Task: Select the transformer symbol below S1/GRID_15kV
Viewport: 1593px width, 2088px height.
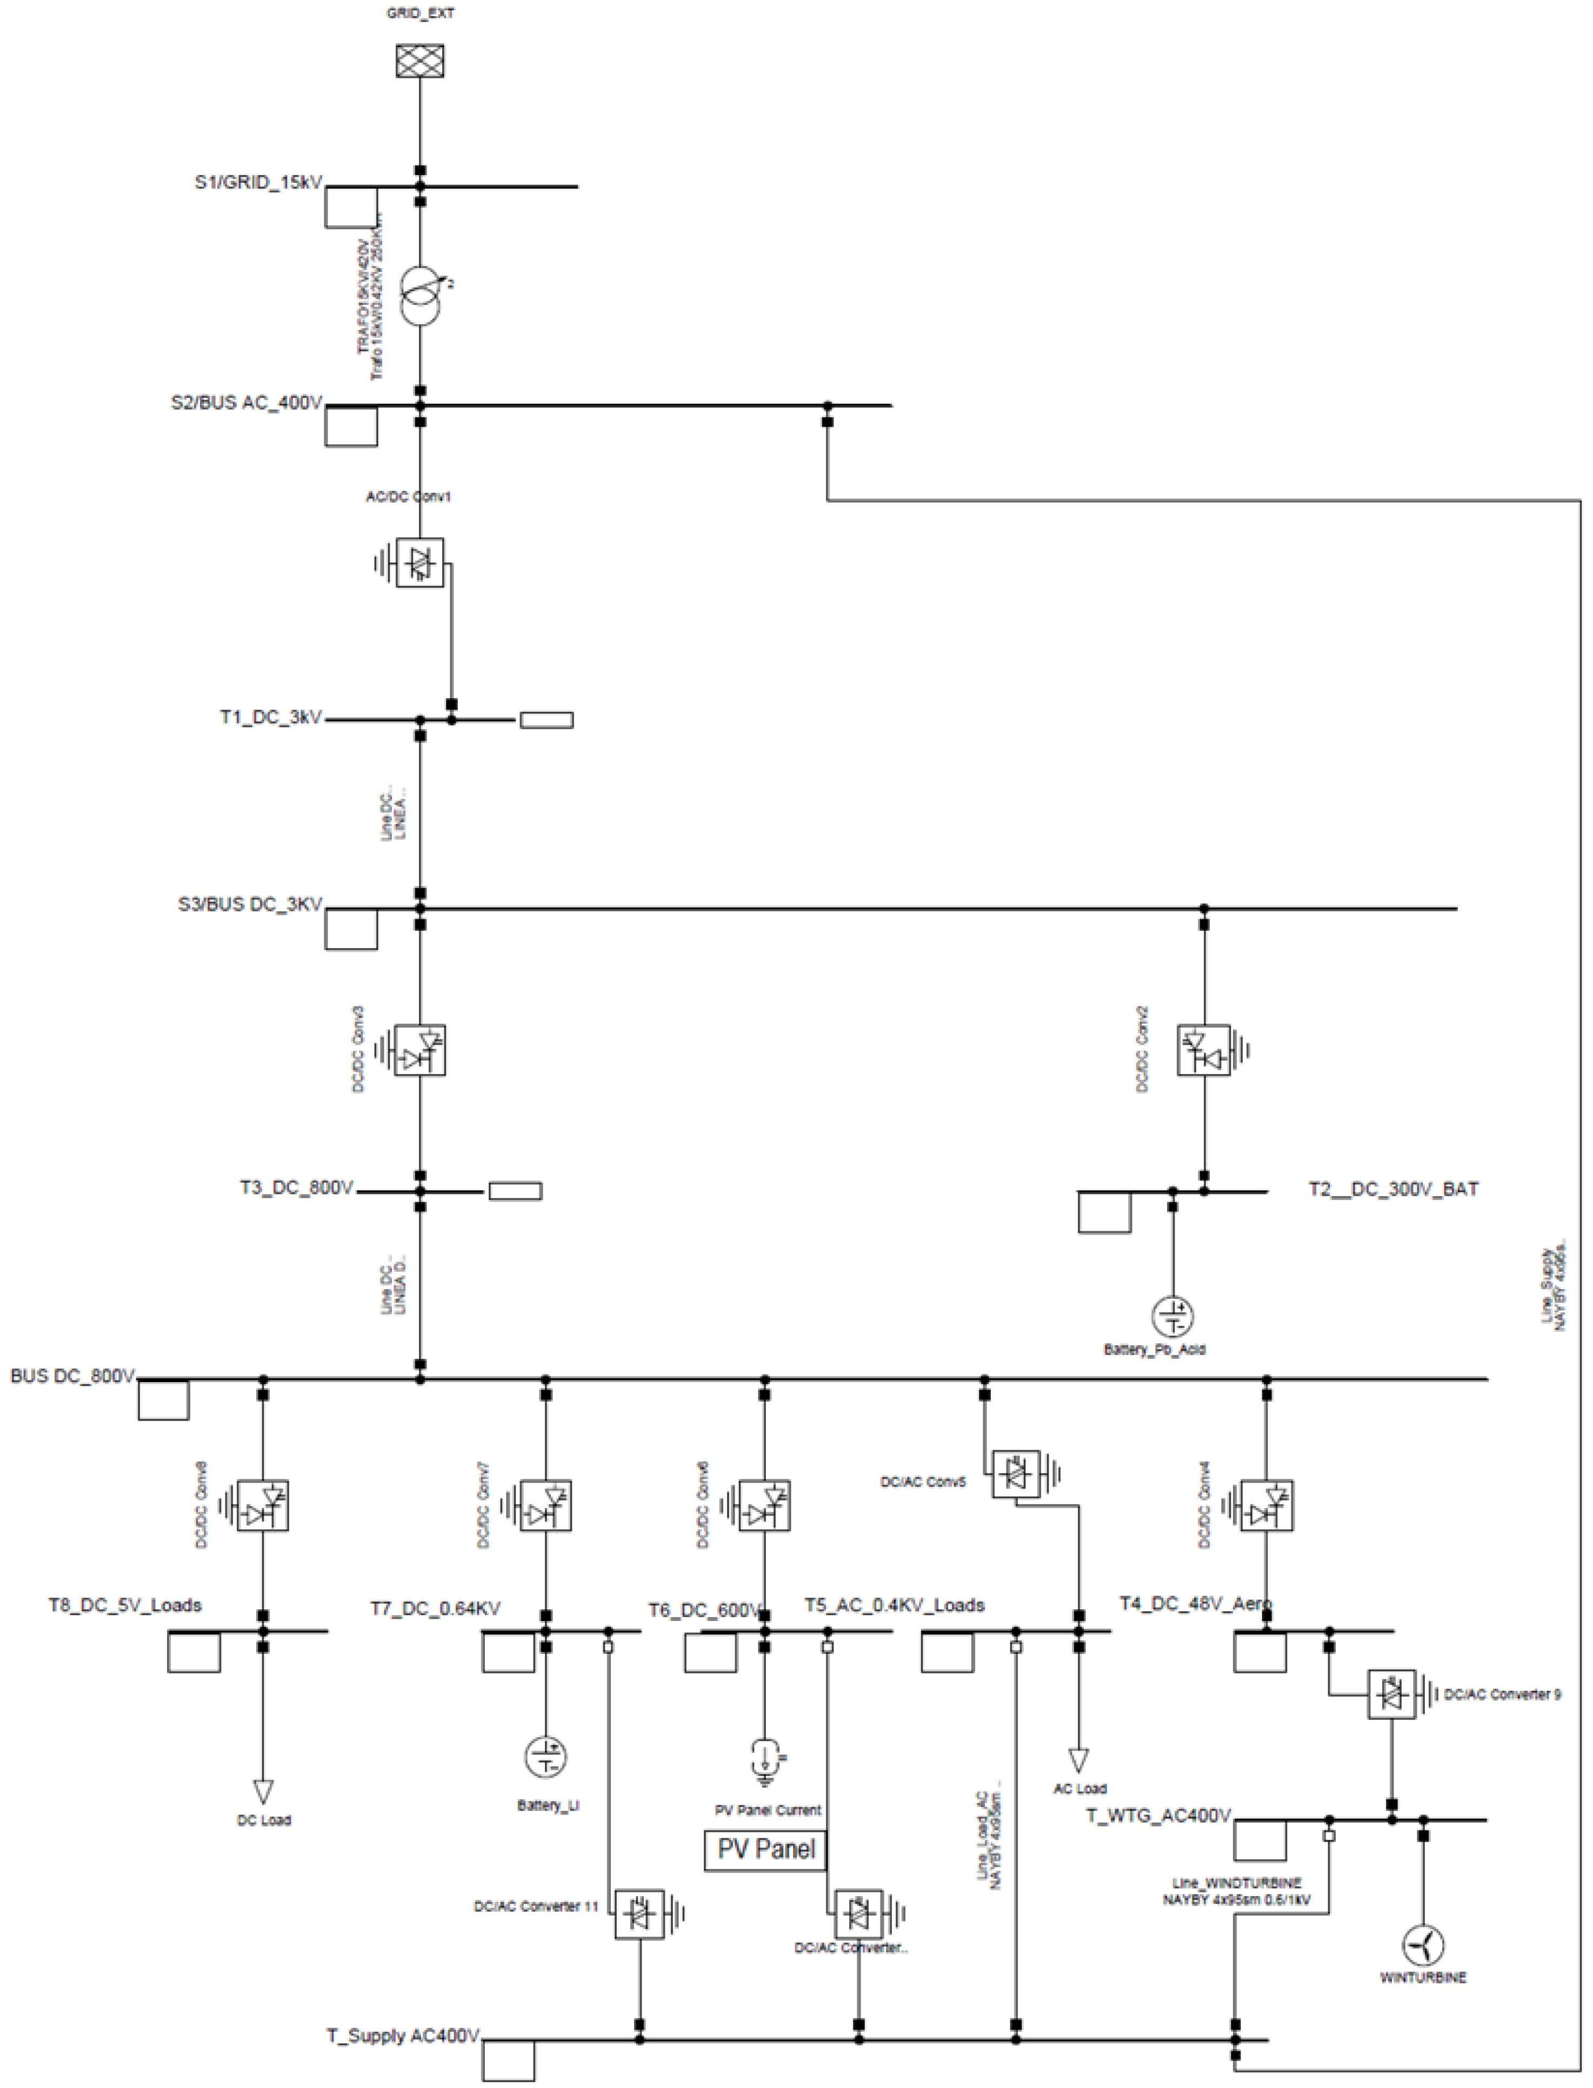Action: (420, 297)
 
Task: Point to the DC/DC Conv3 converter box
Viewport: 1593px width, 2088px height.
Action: (420, 1050)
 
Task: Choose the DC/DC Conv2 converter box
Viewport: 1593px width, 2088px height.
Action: (1204, 1050)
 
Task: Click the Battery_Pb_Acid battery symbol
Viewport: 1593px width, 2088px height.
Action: (1173, 1316)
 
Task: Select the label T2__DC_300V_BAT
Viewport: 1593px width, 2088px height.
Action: (1393, 1189)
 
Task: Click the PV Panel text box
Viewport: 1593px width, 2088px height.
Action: (765, 1850)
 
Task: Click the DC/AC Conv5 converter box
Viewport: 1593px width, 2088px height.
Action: (1016, 1475)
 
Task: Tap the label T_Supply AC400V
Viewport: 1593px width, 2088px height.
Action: (404, 2036)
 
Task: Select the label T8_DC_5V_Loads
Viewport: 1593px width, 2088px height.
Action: (125, 1605)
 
